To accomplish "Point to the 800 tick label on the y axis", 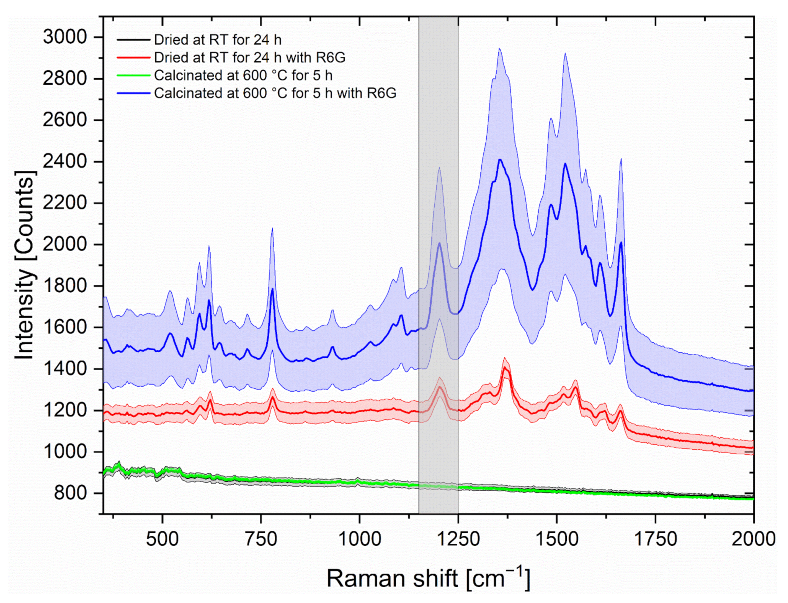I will (x=70, y=493).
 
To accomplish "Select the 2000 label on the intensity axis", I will (x=65, y=244).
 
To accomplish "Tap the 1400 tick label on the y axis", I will (x=65, y=369).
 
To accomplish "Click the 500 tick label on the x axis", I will (x=162, y=539).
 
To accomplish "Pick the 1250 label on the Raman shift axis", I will (x=458, y=539).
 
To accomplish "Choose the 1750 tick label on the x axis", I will (x=655, y=539).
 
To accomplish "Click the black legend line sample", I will (x=133, y=39).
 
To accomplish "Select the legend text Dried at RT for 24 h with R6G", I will (x=250, y=57).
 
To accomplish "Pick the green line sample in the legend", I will (x=133, y=75).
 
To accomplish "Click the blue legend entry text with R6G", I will (x=275, y=93).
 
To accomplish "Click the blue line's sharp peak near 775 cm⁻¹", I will (x=272, y=289).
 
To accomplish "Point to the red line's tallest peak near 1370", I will (x=505, y=367).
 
